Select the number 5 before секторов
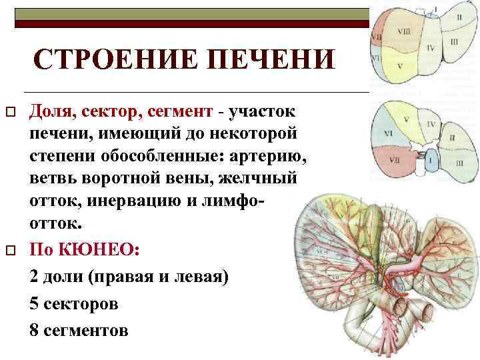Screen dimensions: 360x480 pos(35,303)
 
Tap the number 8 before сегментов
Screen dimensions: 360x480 pos(35,329)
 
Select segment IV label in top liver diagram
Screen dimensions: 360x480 pos(431,48)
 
